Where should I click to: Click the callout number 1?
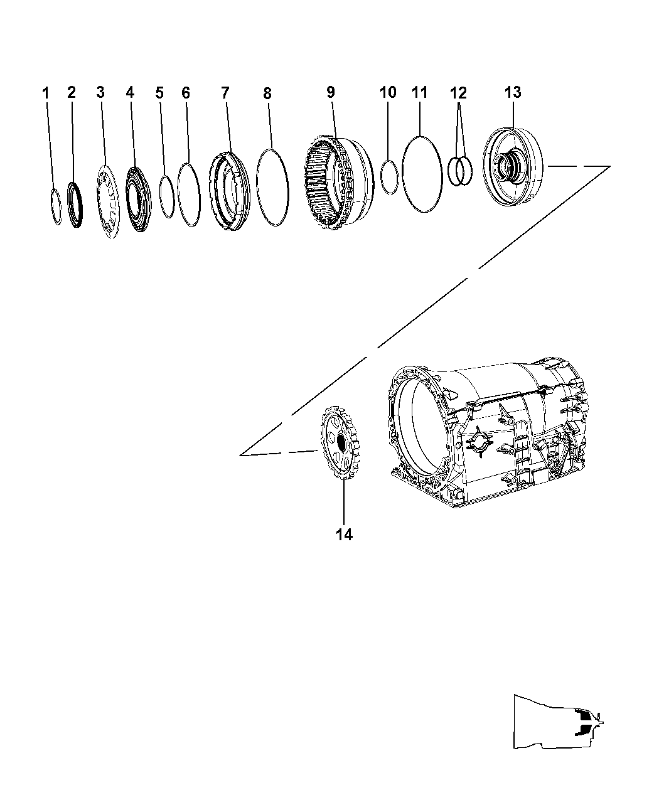point(45,93)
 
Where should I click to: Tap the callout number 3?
point(100,92)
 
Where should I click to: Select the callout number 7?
point(225,93)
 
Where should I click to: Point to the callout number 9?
point(330,92)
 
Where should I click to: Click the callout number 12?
point(458,93)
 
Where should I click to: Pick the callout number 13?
point(512,92)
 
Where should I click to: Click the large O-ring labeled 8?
point(273,187)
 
